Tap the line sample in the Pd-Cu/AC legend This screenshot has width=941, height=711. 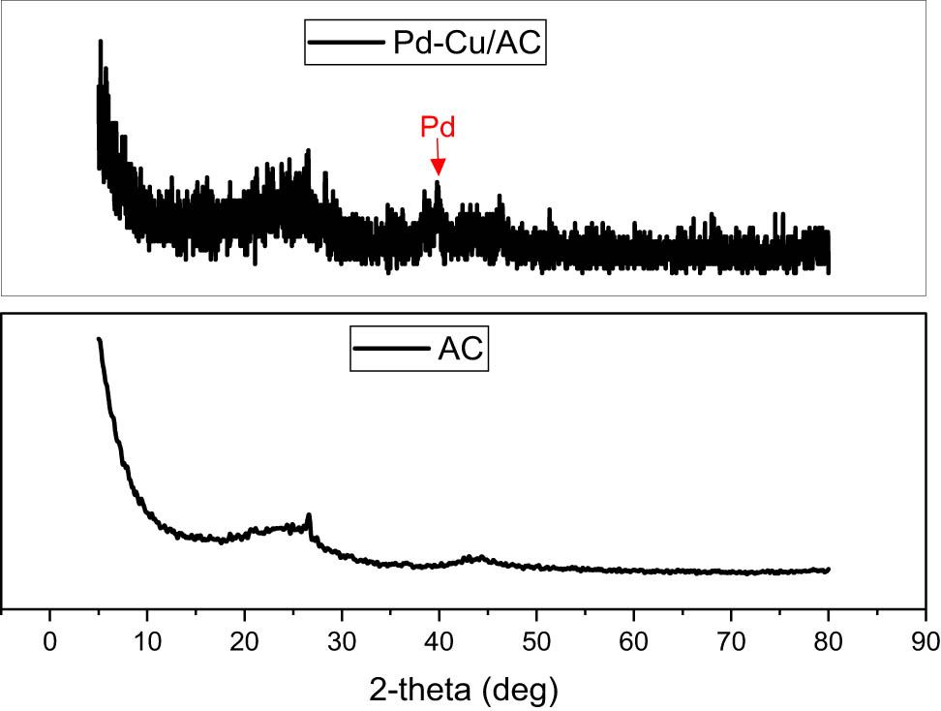click(x=346, y=44)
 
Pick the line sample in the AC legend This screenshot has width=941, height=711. click(x=390, y=350)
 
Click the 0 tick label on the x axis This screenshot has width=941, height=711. click(x=49, y=641)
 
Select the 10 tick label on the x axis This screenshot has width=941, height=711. click(x=147, y=641)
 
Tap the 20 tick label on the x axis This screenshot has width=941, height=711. click(x=244, y=641)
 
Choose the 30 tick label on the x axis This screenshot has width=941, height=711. click(x=342, y=641)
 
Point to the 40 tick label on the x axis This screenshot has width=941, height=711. click(x=439, y=641)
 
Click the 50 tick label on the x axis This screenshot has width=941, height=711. click(x=536, y=641)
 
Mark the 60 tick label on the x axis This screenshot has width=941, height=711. click(x=633, y=641)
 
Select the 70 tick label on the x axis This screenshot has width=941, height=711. click(x=731, y=641)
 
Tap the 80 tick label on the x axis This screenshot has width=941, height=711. click(x=828, y=641)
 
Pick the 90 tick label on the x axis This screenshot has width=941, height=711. click(x=926, y=641)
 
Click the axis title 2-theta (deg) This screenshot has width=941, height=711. click(x=465, y=690)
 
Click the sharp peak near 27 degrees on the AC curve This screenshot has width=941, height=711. click(x=309, y=515)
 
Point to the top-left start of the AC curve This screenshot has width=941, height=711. click(x=99, y=339)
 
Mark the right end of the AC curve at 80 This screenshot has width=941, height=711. click(x=829, y=570)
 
